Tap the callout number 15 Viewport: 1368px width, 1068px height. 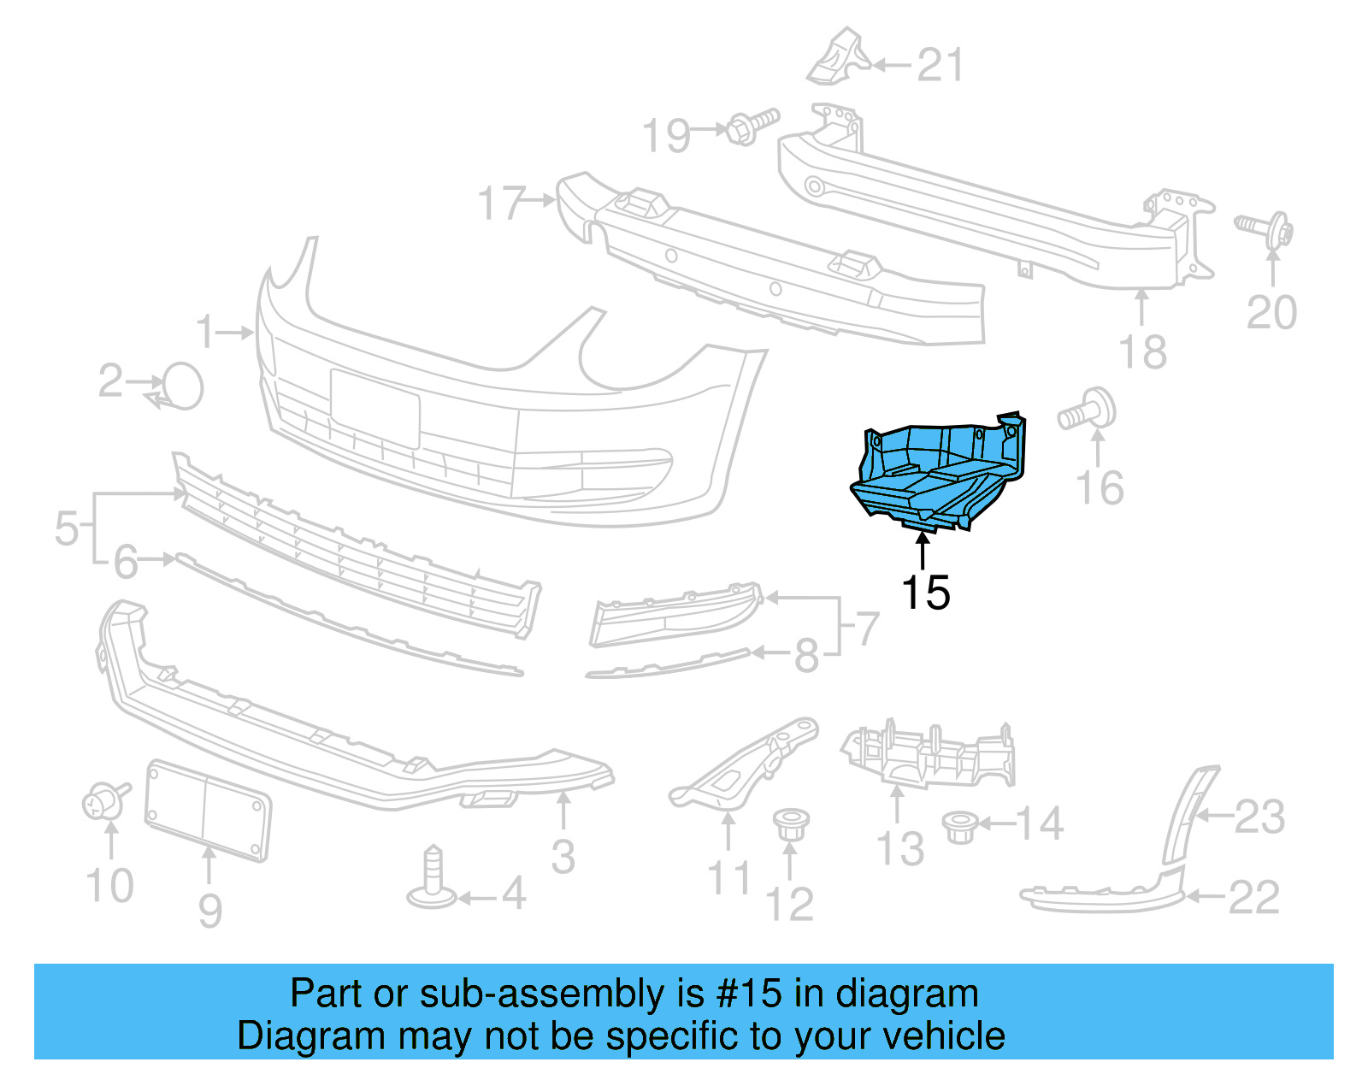pos(925,593)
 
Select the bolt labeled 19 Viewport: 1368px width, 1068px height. pos(752,127)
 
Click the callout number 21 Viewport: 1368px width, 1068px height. pos(940,66)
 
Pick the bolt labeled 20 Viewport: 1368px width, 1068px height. pos(1266,228)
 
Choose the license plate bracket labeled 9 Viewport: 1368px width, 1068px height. pos(208,809)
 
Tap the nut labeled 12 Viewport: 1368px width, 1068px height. pos(790,826)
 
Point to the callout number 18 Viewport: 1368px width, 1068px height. pos(1142,351)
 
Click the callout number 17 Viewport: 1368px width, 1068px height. pos(501,204)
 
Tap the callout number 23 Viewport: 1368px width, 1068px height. pos(1259,817)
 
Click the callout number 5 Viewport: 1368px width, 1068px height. pos(66,528)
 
